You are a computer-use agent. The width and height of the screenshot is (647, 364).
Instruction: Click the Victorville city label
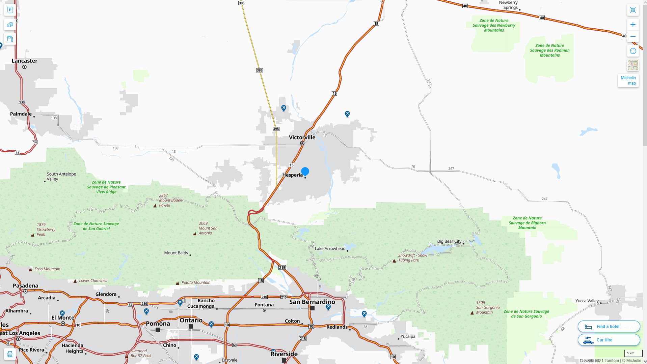302,138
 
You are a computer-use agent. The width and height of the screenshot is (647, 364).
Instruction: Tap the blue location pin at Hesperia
305,172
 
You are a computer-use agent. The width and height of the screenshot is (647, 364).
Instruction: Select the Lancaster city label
24,61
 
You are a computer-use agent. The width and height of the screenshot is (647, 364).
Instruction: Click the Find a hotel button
609,327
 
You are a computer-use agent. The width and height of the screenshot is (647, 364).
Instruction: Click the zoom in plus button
633,25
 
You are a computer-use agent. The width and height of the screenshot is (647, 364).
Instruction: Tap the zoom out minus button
633,36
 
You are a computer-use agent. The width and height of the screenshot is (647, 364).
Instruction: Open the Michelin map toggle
628,81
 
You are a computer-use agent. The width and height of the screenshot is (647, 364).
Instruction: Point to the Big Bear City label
449,241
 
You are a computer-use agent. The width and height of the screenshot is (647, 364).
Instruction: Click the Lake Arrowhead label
330,249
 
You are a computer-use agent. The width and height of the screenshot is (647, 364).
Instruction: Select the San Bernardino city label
312,302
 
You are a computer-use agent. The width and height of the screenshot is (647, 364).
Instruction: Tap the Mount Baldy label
176,253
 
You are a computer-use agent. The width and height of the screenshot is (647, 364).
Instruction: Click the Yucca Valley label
587,301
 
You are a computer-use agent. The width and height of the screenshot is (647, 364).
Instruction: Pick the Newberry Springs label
508,5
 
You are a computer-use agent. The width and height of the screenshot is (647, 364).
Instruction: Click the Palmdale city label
21,114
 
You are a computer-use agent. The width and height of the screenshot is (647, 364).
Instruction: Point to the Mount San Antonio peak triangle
195,234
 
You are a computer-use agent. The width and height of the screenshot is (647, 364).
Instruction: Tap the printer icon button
10,354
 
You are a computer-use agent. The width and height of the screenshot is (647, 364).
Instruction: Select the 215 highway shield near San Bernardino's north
282,268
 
